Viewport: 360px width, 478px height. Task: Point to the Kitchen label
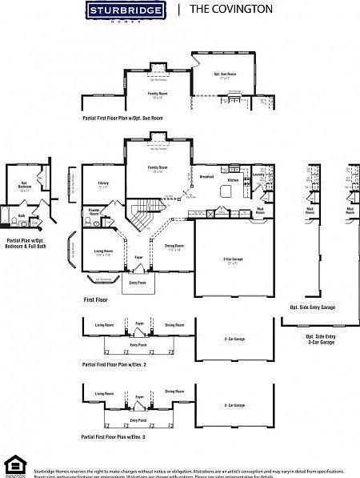(x=233, y=180)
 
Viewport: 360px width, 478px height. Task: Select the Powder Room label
(x=94, y=213)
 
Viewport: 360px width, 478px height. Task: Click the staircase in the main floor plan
(x=142, y=219)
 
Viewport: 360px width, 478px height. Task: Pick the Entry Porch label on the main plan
(x=137, y=283)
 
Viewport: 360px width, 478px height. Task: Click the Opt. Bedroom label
(x=24, y=188)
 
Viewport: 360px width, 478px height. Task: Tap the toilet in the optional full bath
(x=8, y=214)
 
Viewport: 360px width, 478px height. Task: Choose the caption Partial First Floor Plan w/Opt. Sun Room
(x=122, y=118)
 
